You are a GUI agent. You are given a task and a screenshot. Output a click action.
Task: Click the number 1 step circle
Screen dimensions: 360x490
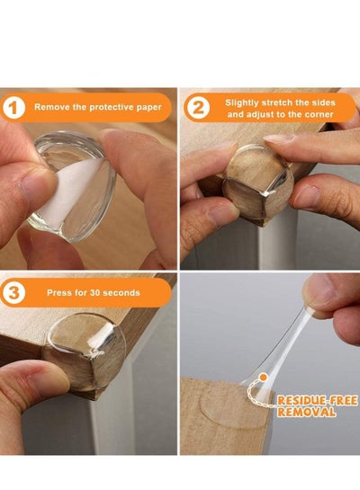(13, 107)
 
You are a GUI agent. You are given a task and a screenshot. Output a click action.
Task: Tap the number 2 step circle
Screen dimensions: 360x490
(197, 108)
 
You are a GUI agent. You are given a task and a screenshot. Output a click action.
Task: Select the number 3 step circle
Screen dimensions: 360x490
(13, 293)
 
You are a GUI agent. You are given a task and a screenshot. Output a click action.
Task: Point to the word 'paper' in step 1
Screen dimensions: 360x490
(148, 108)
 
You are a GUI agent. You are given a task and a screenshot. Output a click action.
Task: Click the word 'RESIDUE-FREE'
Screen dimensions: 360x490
(317, 401)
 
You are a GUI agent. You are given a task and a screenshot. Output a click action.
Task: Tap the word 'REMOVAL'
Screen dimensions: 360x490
(307, 412)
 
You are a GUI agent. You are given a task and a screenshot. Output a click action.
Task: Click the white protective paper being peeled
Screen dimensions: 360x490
(73, 189)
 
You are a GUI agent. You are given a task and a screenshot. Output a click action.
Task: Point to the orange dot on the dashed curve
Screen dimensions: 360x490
(264, 378)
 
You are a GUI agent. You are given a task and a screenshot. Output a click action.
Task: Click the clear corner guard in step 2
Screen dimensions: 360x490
(258, 182)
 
